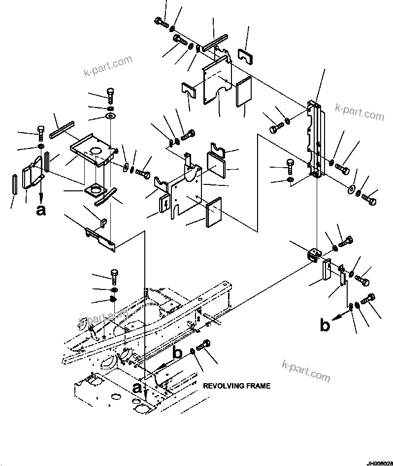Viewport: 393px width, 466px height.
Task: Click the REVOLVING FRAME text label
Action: (x=236, y=386)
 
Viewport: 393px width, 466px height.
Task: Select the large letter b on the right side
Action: (x=325, y=325)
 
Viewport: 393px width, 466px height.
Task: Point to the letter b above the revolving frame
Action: (x=178, y=353)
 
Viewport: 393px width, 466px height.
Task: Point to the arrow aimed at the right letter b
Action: (x=338, y=317)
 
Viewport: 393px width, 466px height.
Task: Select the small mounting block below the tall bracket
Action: (x=313, y=255)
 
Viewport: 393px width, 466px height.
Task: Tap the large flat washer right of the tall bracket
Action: (x=352, y=189)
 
